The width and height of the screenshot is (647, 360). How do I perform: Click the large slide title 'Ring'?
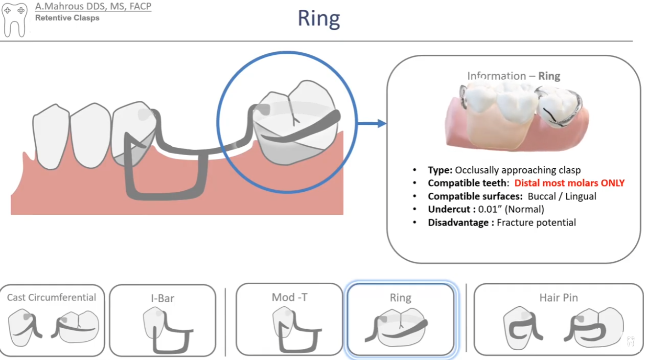pos(319,19)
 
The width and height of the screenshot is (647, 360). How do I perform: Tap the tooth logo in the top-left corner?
pos(14,20)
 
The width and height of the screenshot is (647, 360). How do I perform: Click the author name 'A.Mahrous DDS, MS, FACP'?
pos(93,6)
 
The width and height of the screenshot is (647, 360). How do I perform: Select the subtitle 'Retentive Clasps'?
pos(68,18)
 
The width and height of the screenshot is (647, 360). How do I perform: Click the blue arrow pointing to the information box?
pos(372,123)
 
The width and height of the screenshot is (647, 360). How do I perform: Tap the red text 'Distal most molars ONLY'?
pos(569,183)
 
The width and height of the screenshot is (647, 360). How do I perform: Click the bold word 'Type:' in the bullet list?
pos(440,170)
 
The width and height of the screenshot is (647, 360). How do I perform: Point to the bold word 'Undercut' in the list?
pos(449,209)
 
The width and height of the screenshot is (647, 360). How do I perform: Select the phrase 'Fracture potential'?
pos(536,223)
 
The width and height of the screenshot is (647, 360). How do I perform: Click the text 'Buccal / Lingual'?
pos(562,196)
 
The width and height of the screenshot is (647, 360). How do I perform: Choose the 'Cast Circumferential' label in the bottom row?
pos(51,297)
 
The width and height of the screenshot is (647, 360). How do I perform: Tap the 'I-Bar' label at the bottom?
pos(162,298)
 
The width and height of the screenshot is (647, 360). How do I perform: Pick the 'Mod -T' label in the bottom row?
pos(289,297)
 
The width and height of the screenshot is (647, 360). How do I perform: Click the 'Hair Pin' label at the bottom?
pos(558,298)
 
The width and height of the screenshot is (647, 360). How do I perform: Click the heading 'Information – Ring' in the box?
pos(513,76)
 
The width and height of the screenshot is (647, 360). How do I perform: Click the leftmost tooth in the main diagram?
pos(51,137)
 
